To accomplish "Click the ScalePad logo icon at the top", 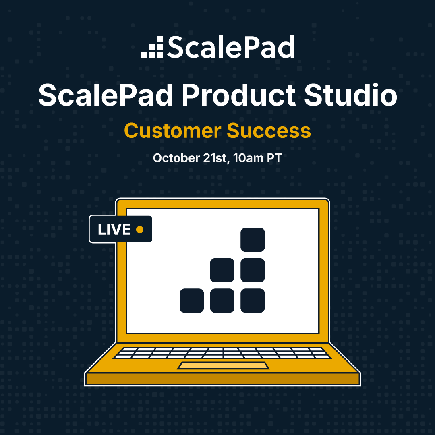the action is pos(152,47).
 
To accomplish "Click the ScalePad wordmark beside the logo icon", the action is pos(230,47).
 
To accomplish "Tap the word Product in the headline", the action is pos(238,95).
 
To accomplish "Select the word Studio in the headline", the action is pos(351,95).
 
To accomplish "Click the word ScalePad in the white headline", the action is pos(106,95).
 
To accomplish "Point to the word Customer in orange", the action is pos(172,130).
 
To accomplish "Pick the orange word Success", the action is pos(269,130).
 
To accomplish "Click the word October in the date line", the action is pos(176,158).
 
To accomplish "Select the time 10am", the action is pos(248,158).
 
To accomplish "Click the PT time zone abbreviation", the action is pos(274,158).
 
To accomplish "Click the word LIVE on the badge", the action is pos(114,230).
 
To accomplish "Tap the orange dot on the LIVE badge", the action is pos(140,230).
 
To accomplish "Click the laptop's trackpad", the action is pos(223,366).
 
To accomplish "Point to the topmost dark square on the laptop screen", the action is pos(253,240).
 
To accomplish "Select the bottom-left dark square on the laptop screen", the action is pos(192,301).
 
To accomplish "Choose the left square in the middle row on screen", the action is pos(222,270).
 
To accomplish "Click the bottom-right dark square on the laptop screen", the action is pos(253,301).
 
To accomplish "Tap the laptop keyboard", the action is pos(222,353).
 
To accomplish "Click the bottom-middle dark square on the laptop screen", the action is pos(222,301).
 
